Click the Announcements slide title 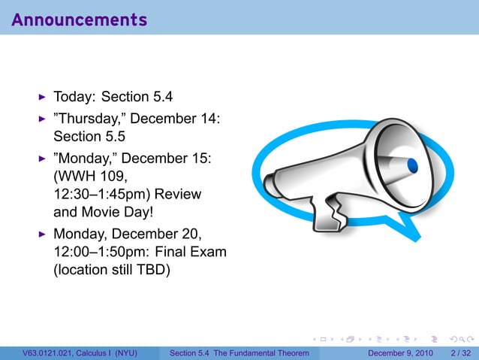(x=79, y=20)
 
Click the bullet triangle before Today (x=43, y=97)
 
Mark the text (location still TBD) (x=111, y=269)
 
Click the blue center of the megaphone (x=411, y=164)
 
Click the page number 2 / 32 (x=459, y=353)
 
